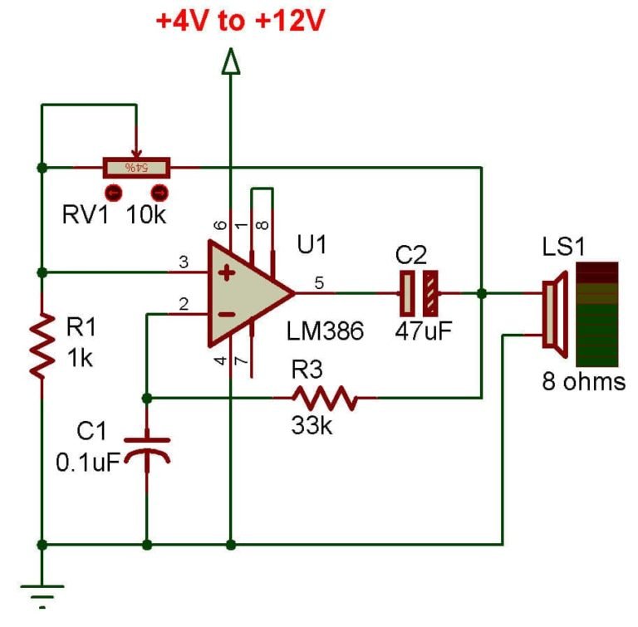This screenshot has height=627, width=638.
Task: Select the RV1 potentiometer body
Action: click(136, 168)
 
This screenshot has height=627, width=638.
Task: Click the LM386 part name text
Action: click(326, 331)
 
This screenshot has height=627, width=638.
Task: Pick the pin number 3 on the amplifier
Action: click(184, 262)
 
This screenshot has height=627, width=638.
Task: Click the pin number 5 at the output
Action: click(319, 283)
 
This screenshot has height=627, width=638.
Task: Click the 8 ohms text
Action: click(583, 382)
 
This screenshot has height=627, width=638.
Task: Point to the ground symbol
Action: click(41, 591)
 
